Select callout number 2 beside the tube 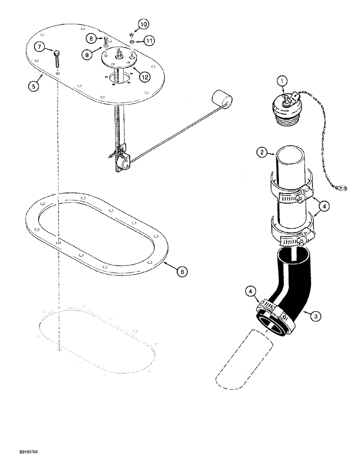(263, 151)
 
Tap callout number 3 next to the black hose (316, 316)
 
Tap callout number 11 (149, 41)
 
